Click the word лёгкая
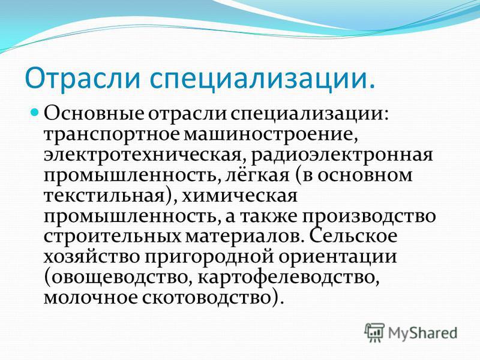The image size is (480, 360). pyautogui.click(x=258, y=175)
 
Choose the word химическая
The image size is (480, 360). pyautogui.click(x=239, y=196)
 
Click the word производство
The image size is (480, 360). pyautogui.click(x=369, y=217)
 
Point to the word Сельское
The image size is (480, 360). pyautogui.click(x=353, y=236)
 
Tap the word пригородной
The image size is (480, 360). pyautogui.click(x=208, y=258)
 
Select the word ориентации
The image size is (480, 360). pyautogui.click(x=337, y=258)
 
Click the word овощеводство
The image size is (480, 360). pyautogui.click(x=117, y=278)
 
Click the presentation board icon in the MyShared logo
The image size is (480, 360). pyautogui.click(x=374, y=332)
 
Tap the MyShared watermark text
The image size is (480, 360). pyautogui.click(x=422, y=333)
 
